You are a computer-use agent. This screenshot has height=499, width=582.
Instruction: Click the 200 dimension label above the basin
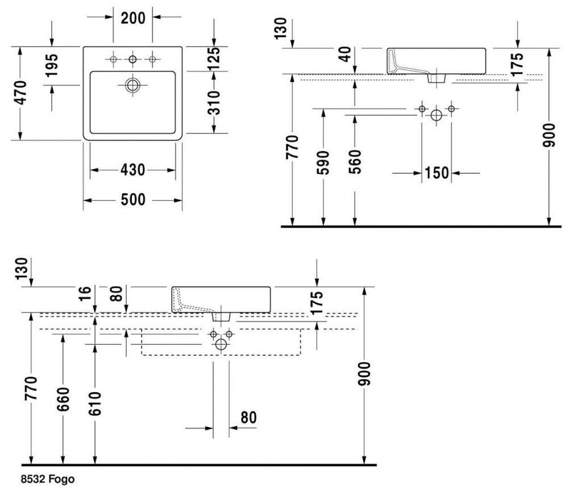[x=133, y=17]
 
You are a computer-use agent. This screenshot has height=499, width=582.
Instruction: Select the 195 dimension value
[x=52, y=65]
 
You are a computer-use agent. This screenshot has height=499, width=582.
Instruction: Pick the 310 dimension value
[x=213, y=102]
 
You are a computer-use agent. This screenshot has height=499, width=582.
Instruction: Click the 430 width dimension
[x=132, y=170]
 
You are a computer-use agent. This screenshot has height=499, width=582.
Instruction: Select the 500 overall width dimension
[x=132, y=200]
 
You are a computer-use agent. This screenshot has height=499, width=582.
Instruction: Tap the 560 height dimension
[x=355, y=162]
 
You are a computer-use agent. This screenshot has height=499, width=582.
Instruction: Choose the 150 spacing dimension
[x=436, y=173]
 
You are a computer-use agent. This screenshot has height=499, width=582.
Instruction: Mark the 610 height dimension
[x=94, y=403]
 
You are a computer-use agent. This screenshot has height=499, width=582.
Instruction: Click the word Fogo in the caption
[x=61, y=480]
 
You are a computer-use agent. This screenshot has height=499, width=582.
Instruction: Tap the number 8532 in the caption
[x=32, y=480]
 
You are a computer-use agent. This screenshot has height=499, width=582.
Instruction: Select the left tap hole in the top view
[x=113, y=60]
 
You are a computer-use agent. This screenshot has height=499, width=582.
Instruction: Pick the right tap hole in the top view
[x=152, y=60]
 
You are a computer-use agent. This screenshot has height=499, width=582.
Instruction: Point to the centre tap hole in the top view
[x=132, y=60]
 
